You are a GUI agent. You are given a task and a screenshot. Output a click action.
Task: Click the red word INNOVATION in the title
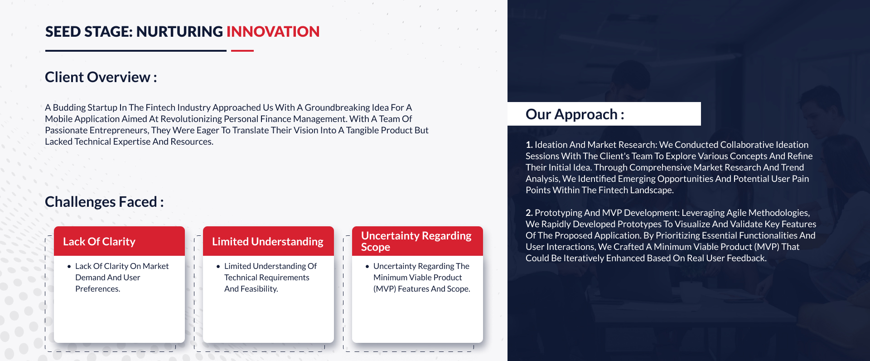[273, 32]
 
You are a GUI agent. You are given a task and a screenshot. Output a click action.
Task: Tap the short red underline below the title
[242, 51]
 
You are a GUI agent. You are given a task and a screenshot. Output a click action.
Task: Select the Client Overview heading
[101, 77]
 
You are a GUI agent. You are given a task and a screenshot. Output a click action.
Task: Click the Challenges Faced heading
[104, 202]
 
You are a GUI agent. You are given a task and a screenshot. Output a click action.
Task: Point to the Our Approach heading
[575, 114]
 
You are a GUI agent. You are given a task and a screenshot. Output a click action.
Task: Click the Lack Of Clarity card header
[119, 241]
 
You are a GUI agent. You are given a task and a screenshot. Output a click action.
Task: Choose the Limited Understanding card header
[268, 241]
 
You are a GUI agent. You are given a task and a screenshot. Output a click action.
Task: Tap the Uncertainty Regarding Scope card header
[417, 241]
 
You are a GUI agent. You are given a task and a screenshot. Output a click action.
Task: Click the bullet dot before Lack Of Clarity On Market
[69, 267]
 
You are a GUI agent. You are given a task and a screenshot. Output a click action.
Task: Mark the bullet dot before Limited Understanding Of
[218, 267]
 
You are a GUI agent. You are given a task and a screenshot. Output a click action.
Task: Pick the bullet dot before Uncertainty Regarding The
[367, 267]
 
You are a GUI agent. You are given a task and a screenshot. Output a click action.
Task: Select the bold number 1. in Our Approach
[529, 145]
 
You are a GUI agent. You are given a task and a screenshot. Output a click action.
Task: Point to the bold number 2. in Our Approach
[529, 213]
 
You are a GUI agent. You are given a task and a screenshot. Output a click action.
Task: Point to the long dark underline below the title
[136, 51]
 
